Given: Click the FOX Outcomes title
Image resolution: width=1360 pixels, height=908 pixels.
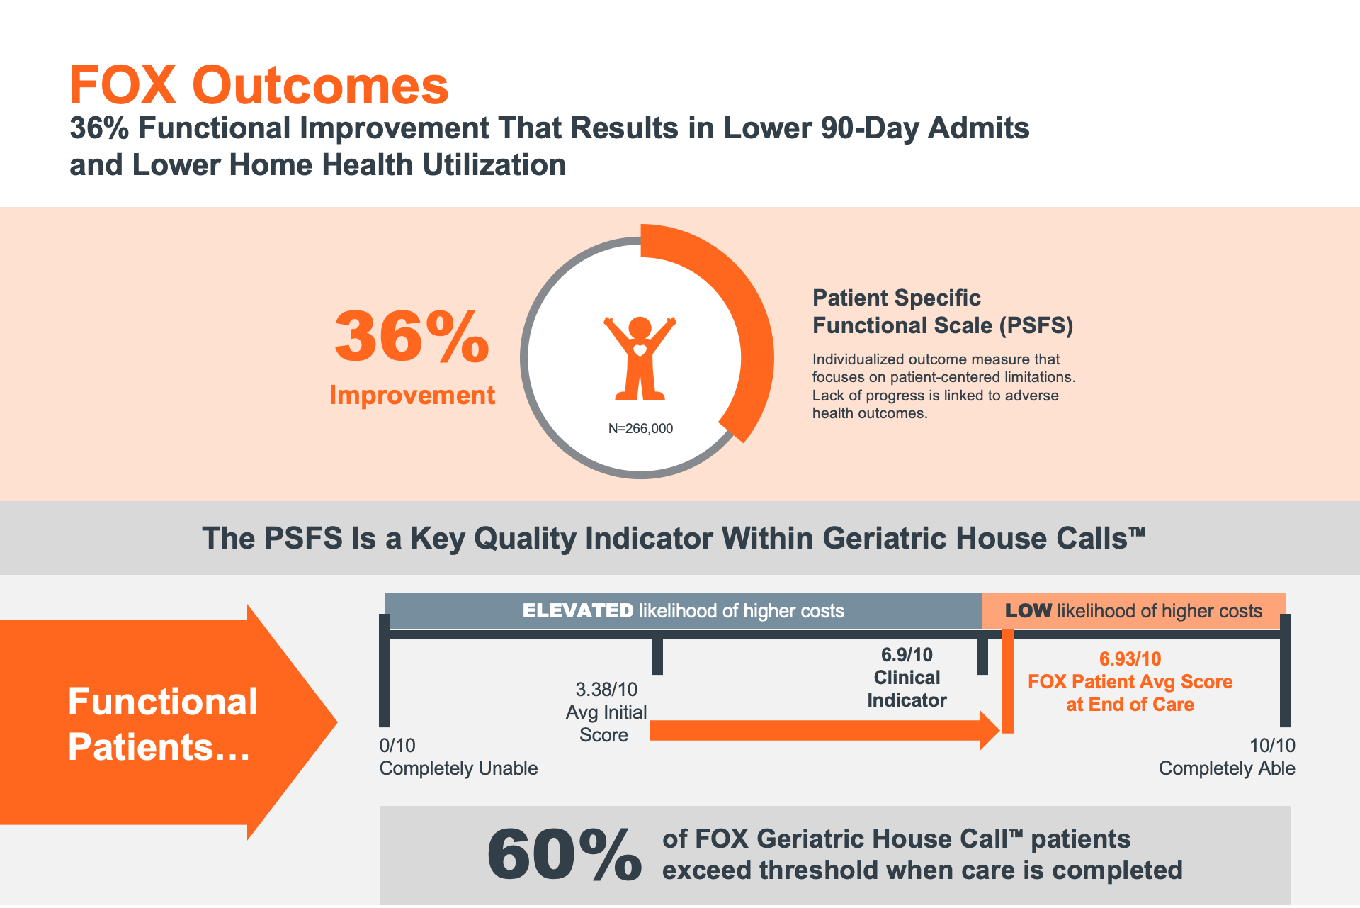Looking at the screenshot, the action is [259, 85].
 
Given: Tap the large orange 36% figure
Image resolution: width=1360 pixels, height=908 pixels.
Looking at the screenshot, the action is [412, 336].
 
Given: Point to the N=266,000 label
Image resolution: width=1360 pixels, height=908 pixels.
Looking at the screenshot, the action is [640, 428].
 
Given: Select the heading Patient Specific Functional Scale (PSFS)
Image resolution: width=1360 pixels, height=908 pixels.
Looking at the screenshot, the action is [943, 312].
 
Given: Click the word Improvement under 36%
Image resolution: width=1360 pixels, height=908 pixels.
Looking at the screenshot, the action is [412, 395].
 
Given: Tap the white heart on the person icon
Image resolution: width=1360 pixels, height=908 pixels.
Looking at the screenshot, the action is [640, 349].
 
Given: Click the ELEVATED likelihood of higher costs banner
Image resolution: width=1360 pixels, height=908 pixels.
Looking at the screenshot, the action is [684, 611].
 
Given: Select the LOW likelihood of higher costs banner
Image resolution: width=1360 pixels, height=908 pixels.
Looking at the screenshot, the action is [1133, 611].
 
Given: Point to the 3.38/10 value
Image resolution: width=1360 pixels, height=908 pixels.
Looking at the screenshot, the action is [606, 690].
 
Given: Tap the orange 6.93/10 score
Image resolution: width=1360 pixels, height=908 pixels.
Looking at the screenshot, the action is [1130, 659].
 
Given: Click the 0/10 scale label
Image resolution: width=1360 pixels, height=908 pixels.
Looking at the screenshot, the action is [397, 746].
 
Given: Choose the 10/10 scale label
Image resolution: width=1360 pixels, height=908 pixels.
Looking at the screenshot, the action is [1272, 746].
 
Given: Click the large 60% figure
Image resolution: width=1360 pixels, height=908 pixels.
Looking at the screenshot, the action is [565, 855].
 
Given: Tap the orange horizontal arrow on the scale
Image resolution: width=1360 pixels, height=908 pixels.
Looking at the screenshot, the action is [824, 730].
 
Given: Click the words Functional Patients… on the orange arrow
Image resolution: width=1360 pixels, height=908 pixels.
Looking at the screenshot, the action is [162, 724].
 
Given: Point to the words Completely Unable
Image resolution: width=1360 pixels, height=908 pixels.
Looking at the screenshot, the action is [458, 768].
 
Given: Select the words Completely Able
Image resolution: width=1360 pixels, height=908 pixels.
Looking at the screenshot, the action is [1227, 768].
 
